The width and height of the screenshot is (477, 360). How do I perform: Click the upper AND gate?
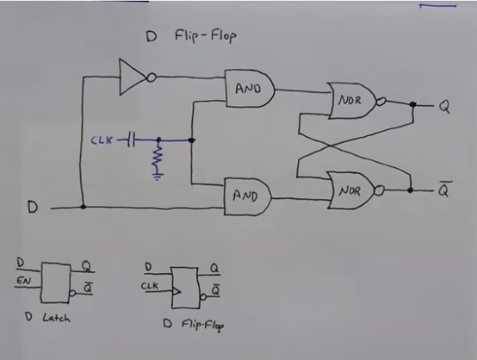[250, 88]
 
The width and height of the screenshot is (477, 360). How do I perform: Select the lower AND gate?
[248, 196]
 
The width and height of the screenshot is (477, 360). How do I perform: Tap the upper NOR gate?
[352, 101]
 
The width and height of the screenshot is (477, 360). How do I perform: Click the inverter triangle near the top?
[132, 77]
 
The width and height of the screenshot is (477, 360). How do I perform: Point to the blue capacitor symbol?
[131, 140]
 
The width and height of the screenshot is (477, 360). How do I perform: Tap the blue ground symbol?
[158, 176]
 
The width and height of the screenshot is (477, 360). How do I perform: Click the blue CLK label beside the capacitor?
[102, 140]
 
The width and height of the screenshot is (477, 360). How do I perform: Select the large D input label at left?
[33, 207]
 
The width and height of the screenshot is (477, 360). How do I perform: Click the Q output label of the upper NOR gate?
[444, 107]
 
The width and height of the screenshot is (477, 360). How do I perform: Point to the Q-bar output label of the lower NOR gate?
[444, 189]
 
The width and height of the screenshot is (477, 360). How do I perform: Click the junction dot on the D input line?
[83, 207]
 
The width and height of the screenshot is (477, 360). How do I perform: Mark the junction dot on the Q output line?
[412, 104]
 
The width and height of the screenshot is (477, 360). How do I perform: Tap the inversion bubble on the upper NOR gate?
[381, 102]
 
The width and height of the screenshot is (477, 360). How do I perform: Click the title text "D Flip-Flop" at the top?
[191, 36]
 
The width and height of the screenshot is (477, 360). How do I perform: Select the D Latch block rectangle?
[55, 282]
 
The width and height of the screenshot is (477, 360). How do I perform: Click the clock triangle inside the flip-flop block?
[177, 291]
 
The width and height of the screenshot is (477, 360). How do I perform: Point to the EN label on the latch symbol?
[24, 280]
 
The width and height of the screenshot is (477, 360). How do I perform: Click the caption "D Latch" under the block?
[47, 318]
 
